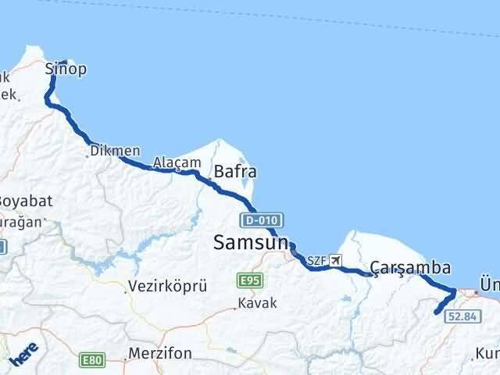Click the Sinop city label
click(66, 70)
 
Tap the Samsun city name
click(251, 244)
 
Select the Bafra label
click(235, 172)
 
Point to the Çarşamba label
click(410, 268)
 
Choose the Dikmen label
click(116, 151)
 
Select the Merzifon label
click(161, 353)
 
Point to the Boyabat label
click(25, 200)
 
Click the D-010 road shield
click(262, 220)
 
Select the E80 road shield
click(91, 359)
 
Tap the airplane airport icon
click(336, 260)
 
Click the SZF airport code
click(316, 260)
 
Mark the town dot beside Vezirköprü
click(126, 292)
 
